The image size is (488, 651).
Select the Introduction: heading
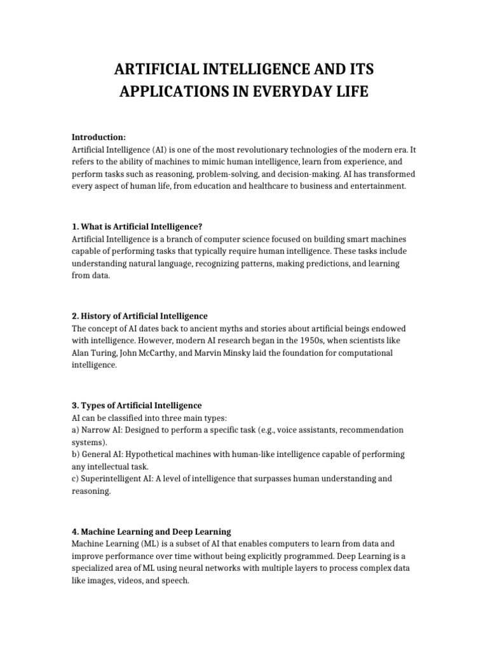tap(98, 137)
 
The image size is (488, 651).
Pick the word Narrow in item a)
tap(93, 430)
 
